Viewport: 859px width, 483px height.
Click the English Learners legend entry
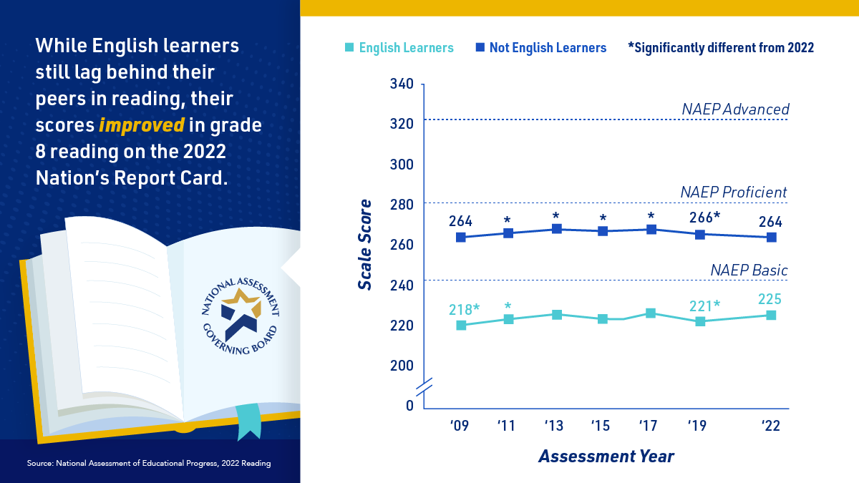(x=399, y=48)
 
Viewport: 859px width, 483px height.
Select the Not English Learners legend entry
(x=540, y=48)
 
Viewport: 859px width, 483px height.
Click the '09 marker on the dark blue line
(x=461, y=237)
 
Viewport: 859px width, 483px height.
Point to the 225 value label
(x=770, y=299)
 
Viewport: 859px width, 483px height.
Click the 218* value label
(x=465, y=309)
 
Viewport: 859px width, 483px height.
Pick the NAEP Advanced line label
(x=735, y=109)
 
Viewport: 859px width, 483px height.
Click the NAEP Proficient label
(x=734, y=192)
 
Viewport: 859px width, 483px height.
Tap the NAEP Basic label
(x=749, y=270)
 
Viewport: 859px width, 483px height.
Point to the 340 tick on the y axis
(x=402, y=84)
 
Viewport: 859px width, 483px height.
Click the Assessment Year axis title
(x=606, y=456)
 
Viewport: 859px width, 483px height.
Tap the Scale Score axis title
(x=365, y=244)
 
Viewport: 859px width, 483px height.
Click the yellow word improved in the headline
(x=142, y=125)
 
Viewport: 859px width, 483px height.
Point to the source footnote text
(x=149, y=464)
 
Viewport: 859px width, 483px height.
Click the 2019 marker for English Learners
(x=699, y=321)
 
